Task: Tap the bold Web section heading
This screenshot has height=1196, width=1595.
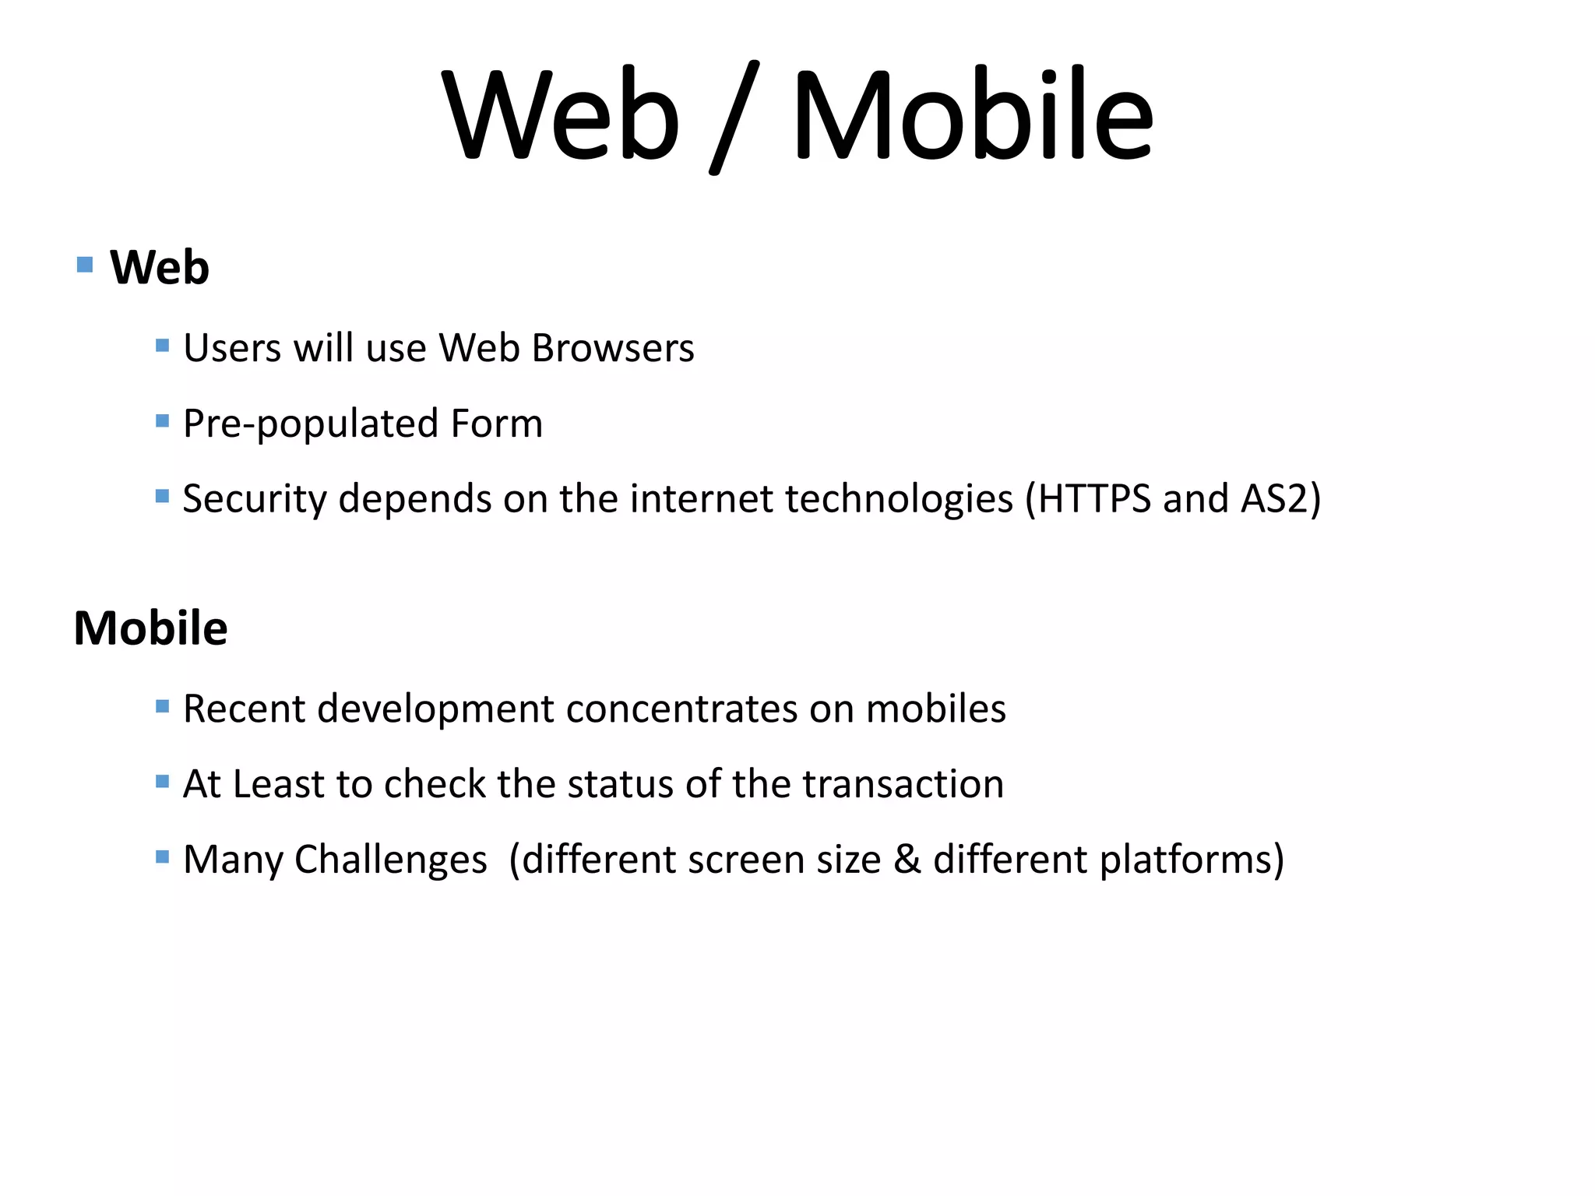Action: point(160,268)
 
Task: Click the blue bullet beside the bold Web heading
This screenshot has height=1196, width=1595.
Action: point(86,265)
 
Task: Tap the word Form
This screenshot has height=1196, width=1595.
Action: point(496,423)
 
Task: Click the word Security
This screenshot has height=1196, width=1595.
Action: point(254,499)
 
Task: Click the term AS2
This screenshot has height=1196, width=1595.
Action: point(1274,498)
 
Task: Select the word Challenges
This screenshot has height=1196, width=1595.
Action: point(390,860)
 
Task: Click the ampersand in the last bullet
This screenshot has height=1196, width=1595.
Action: point(907,859)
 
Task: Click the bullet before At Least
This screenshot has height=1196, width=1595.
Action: point(162,781)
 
